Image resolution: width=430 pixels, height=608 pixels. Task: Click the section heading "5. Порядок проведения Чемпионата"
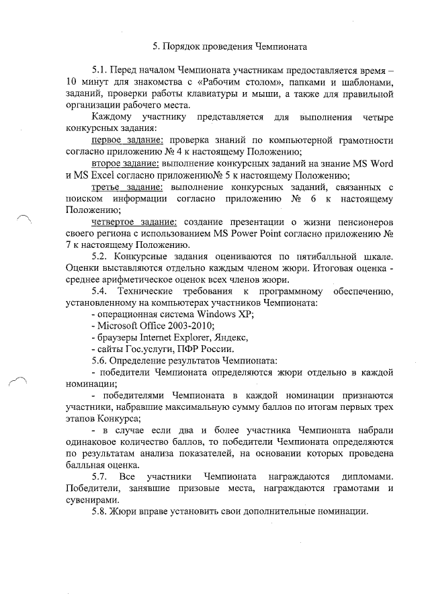pyautogui.click(x=229, y=47)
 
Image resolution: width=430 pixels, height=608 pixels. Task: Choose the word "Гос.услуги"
pyautogui.click(x=148, y=349)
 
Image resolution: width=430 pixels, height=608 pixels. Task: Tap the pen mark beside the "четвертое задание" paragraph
pyautogui.click(x=24, y=217)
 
